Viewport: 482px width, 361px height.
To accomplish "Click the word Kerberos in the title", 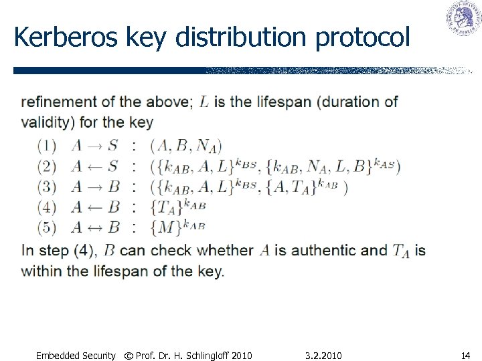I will [x=56, y=37].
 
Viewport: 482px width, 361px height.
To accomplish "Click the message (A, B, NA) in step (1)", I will [x=187, y=146].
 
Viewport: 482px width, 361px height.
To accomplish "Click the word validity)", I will [x=48, y=122].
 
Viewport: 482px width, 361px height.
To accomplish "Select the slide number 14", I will [x=465, y=356].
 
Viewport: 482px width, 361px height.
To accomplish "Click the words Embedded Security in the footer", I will [x=75, y=356].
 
